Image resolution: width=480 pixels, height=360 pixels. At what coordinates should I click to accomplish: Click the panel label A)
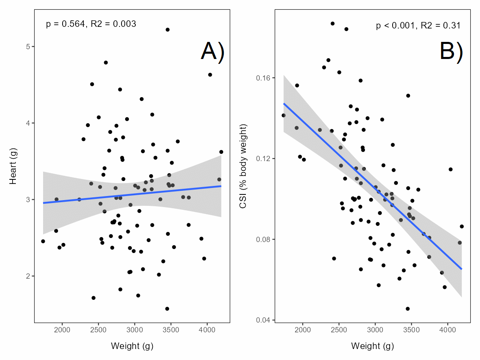coord(212,52)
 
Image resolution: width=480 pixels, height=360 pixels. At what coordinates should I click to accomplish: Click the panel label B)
coord(451,52)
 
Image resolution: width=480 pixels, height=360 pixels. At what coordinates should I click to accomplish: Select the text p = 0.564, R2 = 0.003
coord(91,24)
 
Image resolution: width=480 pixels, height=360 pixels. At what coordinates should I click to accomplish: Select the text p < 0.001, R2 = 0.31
coord(418,26)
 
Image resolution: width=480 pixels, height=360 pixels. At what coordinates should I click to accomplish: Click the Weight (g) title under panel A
coord(132,346)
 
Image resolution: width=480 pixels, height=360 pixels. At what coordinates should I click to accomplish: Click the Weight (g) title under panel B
coord(372,346)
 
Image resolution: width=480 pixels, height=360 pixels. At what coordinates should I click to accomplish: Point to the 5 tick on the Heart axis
coord(28,47)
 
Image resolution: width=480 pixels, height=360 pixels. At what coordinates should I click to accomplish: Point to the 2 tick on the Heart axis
coord(28,276)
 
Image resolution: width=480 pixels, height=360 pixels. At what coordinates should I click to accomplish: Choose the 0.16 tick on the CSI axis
coord(264,78)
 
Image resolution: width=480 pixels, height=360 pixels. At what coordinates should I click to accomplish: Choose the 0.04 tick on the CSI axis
coord(264,320)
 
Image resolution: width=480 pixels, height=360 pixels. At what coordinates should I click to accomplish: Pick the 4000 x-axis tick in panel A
coord(207,329)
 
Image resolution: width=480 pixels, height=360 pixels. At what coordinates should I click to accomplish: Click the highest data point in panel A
coord(167,30)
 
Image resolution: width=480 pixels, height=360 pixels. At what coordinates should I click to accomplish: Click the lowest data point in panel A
coord(167,309)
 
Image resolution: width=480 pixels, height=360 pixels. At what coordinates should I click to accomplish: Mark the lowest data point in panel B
coord(408,309)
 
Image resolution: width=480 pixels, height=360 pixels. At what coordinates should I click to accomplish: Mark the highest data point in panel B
coord(332,24)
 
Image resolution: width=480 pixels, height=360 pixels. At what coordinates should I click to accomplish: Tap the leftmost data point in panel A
coord(43,241)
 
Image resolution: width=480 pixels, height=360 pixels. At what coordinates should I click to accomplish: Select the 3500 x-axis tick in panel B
coord(411,329)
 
